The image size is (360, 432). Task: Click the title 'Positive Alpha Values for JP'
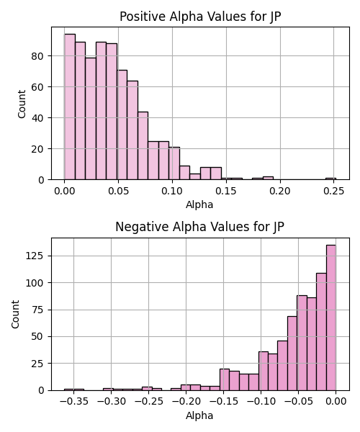click(200, 17)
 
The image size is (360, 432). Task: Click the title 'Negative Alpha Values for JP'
click(199, 227)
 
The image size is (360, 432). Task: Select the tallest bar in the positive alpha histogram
click(70, 107)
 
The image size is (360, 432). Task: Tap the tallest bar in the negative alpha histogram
click(330, 318)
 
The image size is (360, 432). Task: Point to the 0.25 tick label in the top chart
click(334, 191)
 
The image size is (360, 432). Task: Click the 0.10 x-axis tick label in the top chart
click(172, 191)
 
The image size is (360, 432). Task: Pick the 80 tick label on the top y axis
click(37, 56)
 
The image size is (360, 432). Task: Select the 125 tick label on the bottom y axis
click(35, 256)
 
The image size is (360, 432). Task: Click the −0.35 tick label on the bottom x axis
click(74, 402)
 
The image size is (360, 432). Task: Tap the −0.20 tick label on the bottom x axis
click(186, 402)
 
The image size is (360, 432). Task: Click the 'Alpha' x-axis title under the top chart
click(199, 204)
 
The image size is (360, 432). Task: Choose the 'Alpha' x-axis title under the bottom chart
click(199, 415)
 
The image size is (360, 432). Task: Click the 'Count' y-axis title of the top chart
click(22, 104)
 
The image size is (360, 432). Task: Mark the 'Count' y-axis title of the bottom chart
click(15, 315)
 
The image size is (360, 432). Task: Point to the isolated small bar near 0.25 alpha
click(330, 179)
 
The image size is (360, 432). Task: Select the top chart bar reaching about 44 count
click(143, 145)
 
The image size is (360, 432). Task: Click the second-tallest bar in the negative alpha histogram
click(321, 332)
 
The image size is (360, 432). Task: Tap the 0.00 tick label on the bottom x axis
click(336, 402)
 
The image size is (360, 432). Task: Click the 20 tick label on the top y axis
click(37, 149)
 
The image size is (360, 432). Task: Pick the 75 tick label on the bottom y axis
click(37, 310)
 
